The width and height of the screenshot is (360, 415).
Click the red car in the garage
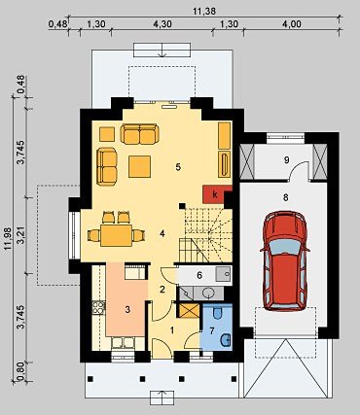point(285,260)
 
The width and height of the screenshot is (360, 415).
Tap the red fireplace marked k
point(214,194)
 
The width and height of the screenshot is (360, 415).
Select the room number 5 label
point(178,167)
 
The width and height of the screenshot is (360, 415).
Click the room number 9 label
point(286,159)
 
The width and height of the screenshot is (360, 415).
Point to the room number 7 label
point(212,330)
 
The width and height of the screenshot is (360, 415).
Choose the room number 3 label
point(127,310)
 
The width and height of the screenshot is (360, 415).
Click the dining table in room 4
point(116,235)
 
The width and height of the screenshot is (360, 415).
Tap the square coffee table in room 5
point(139,166)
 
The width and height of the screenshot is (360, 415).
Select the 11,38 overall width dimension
point(204,12)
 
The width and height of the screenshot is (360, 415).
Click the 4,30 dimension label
point(162,24)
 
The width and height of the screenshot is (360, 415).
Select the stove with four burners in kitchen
point(98,308)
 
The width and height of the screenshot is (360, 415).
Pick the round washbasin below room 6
point(208,294)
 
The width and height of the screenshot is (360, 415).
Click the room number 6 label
point(199,275)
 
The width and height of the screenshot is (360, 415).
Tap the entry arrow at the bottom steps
point(162,397)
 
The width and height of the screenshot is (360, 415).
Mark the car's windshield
point(285,247)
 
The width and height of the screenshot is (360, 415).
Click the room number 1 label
point(172,330)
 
